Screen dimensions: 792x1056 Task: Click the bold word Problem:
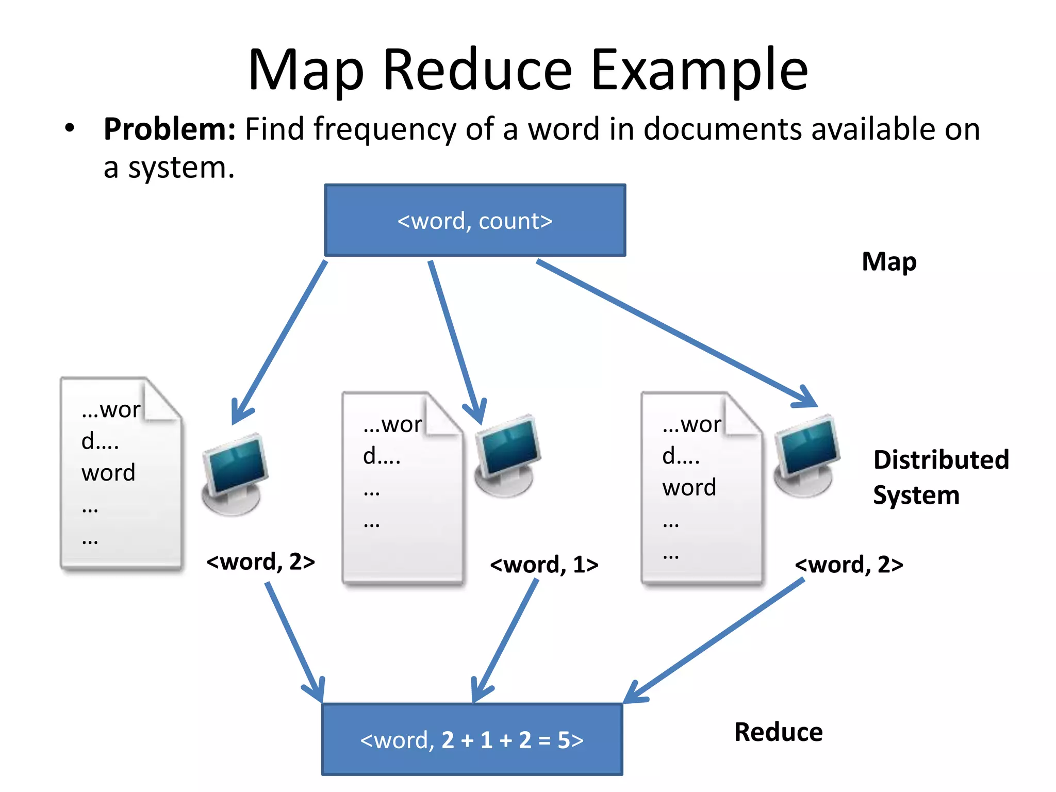170,129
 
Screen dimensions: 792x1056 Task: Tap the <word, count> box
475,221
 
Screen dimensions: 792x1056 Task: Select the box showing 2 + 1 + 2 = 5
472,740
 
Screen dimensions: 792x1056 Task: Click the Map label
889,262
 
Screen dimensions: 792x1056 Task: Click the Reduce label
778,732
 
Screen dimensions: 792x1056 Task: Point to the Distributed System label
940,477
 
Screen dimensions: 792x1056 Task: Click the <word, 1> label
544,565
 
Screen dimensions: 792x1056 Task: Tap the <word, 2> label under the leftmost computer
260,562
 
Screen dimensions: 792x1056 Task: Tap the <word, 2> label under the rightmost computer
849,565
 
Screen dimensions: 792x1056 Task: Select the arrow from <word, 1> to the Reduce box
505,639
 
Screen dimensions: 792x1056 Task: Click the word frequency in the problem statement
385,129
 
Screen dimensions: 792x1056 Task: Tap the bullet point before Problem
70,128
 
